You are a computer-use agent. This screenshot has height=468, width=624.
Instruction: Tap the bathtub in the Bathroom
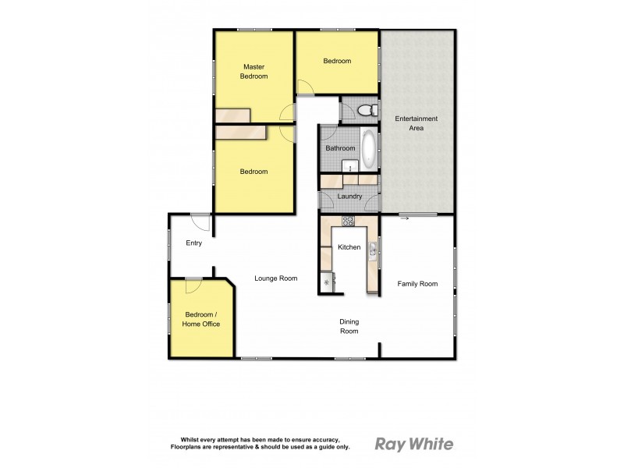click(368, 148)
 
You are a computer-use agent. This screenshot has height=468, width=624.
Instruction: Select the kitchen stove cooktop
click(347, 221)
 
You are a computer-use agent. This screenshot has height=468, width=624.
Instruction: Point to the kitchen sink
click(373, 250)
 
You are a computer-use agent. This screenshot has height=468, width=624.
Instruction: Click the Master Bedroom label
click(254, 71)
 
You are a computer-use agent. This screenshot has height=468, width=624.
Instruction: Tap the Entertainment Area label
click(416, 122)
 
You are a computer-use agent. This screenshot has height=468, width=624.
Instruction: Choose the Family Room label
click(417, 284)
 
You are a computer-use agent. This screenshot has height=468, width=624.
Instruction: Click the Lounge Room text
click(276, 278)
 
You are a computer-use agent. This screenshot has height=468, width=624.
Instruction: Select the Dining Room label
click(349, 326)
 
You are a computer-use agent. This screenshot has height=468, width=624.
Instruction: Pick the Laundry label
click(349, 197)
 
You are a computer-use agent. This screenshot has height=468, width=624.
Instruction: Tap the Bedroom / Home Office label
click(201, 319)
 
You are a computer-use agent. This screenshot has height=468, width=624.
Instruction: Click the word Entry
click(194, 243)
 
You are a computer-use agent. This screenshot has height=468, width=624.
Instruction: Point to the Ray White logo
click(413, 445)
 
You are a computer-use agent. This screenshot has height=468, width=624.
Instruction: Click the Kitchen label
click(349, 247)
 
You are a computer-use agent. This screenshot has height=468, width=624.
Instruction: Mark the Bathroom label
click(340, 148)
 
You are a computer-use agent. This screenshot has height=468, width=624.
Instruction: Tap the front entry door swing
click(201, 222)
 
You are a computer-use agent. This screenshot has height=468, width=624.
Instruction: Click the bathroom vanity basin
click(351, 166)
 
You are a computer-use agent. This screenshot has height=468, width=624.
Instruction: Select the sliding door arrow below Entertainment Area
click(405, 219)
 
